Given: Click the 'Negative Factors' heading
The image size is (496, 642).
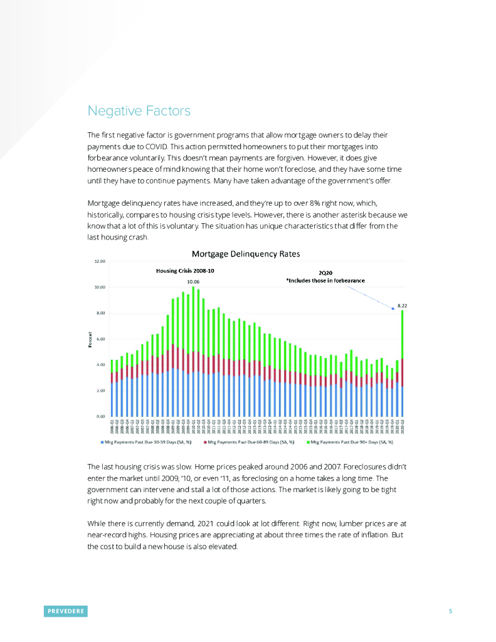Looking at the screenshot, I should point(139,112).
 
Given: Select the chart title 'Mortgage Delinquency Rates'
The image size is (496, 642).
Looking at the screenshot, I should point(246,254).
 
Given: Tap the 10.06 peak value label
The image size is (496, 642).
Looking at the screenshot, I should point(193,282).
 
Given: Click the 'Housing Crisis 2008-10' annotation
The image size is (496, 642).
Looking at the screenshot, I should point(185,271).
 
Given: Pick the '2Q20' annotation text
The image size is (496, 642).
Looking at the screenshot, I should point(325,273).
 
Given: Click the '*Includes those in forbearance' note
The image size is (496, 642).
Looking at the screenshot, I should point(325,280).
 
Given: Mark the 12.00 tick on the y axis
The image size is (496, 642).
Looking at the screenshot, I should point(100,261).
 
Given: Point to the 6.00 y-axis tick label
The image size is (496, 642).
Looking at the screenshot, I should point(100,339).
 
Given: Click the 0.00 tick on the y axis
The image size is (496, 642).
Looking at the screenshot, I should point(100,416).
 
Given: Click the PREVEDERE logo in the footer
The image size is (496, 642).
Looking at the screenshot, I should point(66,611).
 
